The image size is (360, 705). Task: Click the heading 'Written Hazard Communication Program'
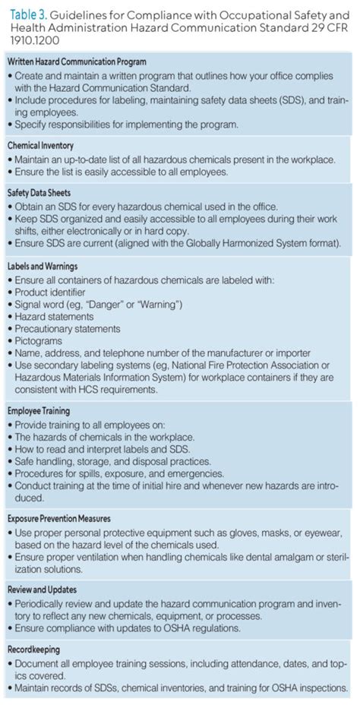click(77, 62)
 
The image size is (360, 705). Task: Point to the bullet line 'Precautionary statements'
click(68, 329)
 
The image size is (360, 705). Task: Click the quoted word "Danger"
click(111, 305)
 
